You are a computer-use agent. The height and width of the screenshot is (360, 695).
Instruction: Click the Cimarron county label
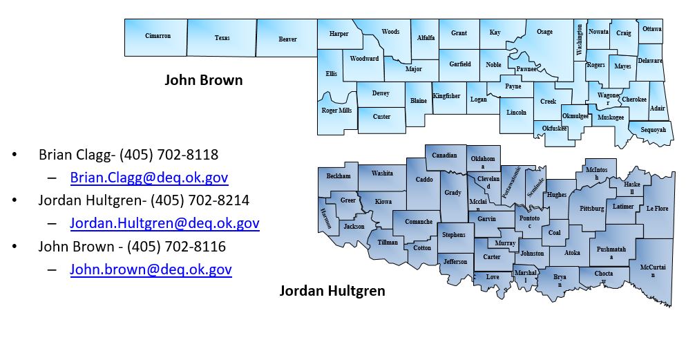pyautogui.click(x=157, y=36)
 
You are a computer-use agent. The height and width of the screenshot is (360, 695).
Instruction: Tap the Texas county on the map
pyautogui.click(x=222, y=38)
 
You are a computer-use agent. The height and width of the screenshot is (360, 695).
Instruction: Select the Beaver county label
pyautogui.click(x=287, y=39)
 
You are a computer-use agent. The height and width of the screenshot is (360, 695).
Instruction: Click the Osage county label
pyautogui.click(x=544, y=32)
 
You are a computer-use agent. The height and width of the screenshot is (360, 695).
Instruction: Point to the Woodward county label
pyautogui.click(x=364, y=59)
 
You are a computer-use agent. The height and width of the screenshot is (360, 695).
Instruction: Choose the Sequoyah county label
pyautogui.click(x=652, y=130)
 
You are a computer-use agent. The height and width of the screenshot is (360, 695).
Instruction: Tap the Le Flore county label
pyautogui.click(x=657, y=208)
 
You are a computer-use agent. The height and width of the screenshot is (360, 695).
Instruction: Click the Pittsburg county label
pyautogui.click(x=592, y=209)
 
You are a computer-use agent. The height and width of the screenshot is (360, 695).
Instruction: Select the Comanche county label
pyautogui.click(x=418, y=222)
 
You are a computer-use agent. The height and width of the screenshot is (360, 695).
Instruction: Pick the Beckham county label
pyautogui.click(x=339, y=176)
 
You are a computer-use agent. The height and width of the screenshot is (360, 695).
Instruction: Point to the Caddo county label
pyautogui.click(x=423, y=180)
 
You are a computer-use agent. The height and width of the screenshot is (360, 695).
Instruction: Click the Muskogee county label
pyautogui.click(x=611, y=117)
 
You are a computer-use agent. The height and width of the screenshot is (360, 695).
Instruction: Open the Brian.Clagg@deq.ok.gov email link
pyautogui.click(x=149, y=178)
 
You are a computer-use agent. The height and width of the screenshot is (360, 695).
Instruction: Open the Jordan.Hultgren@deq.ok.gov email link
pyautogui.click(x=164, y=223)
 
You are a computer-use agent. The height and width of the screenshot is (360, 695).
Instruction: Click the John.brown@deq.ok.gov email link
pyautogui.click(x=151, y=269)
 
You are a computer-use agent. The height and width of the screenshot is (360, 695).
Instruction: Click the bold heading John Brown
pyautogui.click(x=203, y=80)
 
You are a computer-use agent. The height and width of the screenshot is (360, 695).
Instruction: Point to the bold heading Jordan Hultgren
pyautogui.click(x=332, y=291)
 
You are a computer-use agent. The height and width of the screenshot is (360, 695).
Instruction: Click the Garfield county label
pyautogui.click(x=460, y=64)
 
